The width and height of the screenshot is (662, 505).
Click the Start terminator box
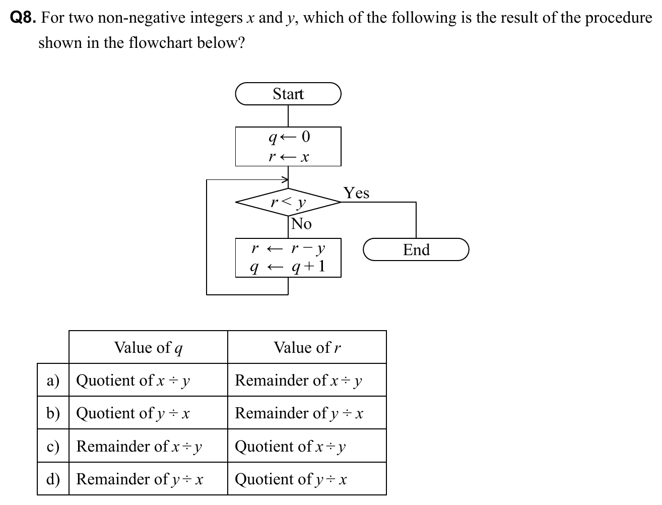point(288,94)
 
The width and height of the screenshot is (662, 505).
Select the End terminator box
point(416,249)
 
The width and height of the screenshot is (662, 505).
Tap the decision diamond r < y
point(288,203)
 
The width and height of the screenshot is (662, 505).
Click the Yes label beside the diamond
point(356,193)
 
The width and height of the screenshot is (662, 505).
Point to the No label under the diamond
point(301,224)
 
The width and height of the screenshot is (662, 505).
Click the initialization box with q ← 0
point(288,146)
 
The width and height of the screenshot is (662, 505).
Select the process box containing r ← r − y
point(288,258)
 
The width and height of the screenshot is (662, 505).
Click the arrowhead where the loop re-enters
point(285,179)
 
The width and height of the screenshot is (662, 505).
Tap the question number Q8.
point(23,18)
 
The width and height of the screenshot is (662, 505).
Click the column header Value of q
point(148,347)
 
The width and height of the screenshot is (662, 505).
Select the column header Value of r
point(307,347)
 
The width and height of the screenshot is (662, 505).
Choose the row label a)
point(53,380)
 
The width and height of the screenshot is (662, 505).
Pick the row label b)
point(53,413)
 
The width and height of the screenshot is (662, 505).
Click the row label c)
point(53,446)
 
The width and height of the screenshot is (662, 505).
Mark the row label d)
point(53,479)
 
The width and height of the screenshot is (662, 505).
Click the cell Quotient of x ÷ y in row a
point(133,380)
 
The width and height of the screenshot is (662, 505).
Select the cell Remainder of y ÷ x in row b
point(299,413)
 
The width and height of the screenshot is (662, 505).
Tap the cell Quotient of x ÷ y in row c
point(291,446)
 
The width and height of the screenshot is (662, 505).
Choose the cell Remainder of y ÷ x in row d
point(140,479)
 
